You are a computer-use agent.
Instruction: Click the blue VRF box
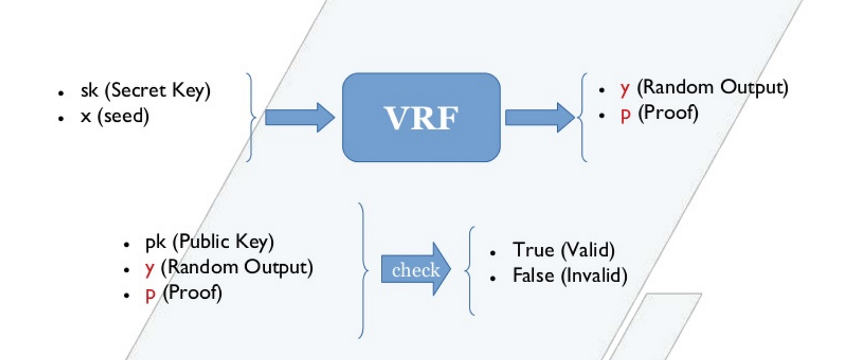[421, 118]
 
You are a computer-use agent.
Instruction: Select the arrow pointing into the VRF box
[299, 118]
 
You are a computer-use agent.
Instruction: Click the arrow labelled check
[416, 270]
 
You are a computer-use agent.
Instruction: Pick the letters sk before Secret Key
[90, 91]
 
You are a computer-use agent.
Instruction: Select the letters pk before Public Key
[155, 242]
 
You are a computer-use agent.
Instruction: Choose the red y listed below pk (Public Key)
[149, 269]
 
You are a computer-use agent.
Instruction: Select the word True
[533, 251]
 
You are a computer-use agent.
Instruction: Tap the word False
[534, 276]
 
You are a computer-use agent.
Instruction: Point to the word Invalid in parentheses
[594, 276]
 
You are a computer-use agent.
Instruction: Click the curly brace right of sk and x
[251, 118]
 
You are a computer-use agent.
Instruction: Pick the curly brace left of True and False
[470, 270]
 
